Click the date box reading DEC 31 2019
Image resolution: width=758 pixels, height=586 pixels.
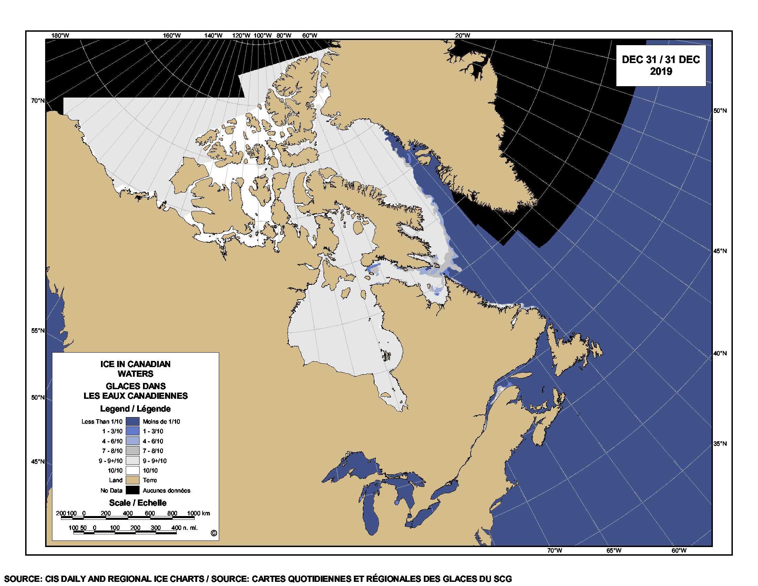[660, 65]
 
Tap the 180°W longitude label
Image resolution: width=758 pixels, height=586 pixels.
[60, 36]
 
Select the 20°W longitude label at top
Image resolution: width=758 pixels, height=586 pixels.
[463, 36]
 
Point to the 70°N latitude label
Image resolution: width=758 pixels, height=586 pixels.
[38, 101]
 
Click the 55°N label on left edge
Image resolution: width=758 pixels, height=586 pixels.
[38, 331]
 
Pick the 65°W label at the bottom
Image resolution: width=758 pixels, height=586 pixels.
[614, 550]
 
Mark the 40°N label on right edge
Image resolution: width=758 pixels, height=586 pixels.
[720, 353]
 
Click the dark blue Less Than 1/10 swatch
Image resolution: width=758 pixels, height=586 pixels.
[132, 422]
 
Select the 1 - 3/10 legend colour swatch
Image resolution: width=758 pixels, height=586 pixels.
[132, 431]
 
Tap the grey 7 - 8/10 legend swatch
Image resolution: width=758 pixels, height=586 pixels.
[132, 451]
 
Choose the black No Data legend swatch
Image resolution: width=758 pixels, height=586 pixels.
[132, 490]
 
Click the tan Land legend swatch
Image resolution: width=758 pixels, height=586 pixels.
[132, 480]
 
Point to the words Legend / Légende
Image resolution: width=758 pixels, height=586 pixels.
[135, 408]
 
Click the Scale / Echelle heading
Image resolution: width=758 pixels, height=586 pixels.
[137, 503]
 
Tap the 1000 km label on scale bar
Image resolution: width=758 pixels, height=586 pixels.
[198, 514]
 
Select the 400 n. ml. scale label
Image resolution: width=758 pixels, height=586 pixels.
[184, 528]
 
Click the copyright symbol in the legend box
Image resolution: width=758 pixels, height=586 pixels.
[214, 533]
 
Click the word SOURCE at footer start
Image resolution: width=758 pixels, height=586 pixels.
[23, 579]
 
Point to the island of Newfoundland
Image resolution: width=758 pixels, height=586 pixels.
[573, 351]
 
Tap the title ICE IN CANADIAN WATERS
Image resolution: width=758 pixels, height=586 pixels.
[135, 369]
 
